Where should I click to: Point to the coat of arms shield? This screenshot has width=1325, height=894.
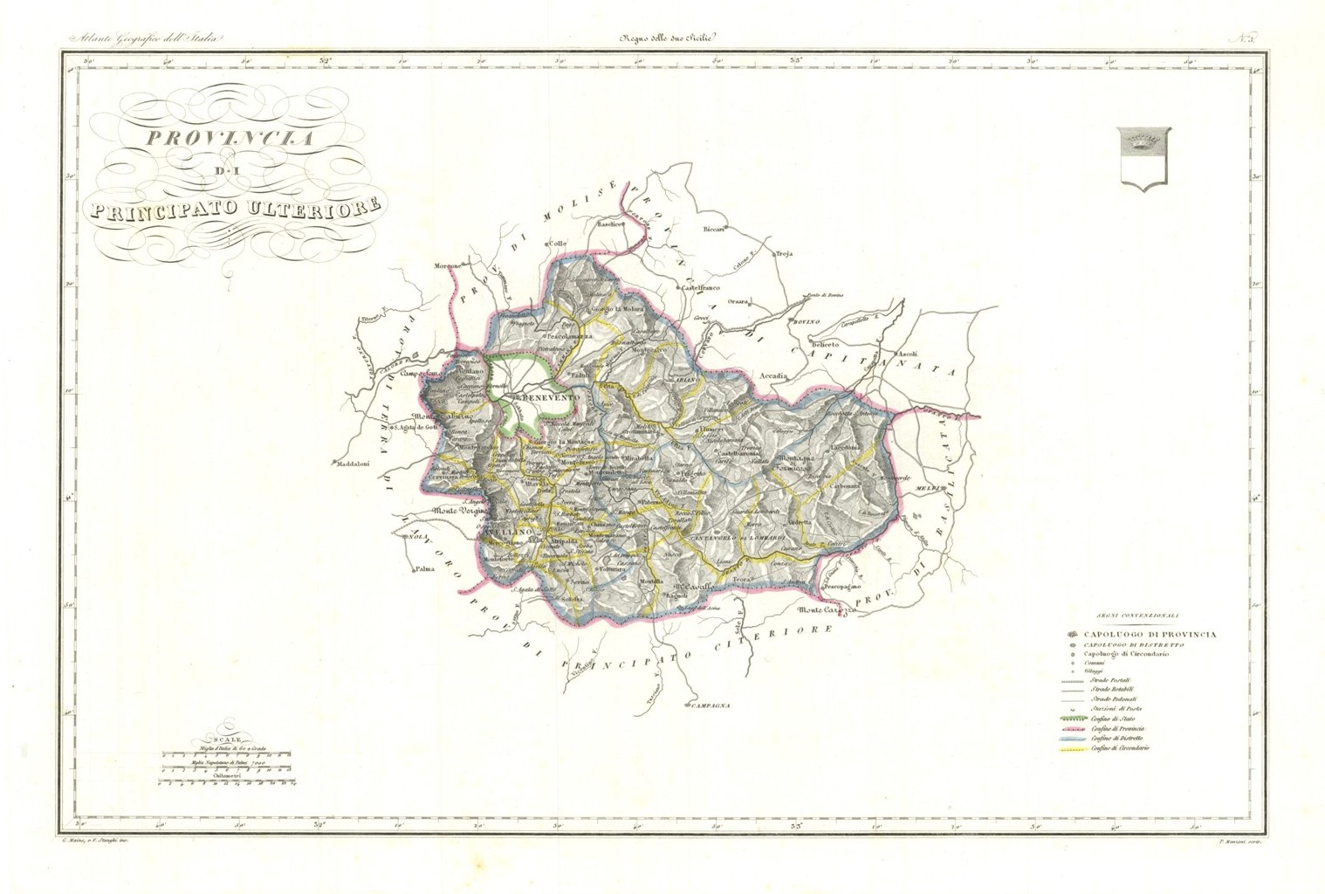(x=1143, y=158)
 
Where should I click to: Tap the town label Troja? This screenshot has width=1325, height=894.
(x=784, y=254)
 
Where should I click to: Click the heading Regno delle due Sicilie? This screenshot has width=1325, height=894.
(x=668, y=38)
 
